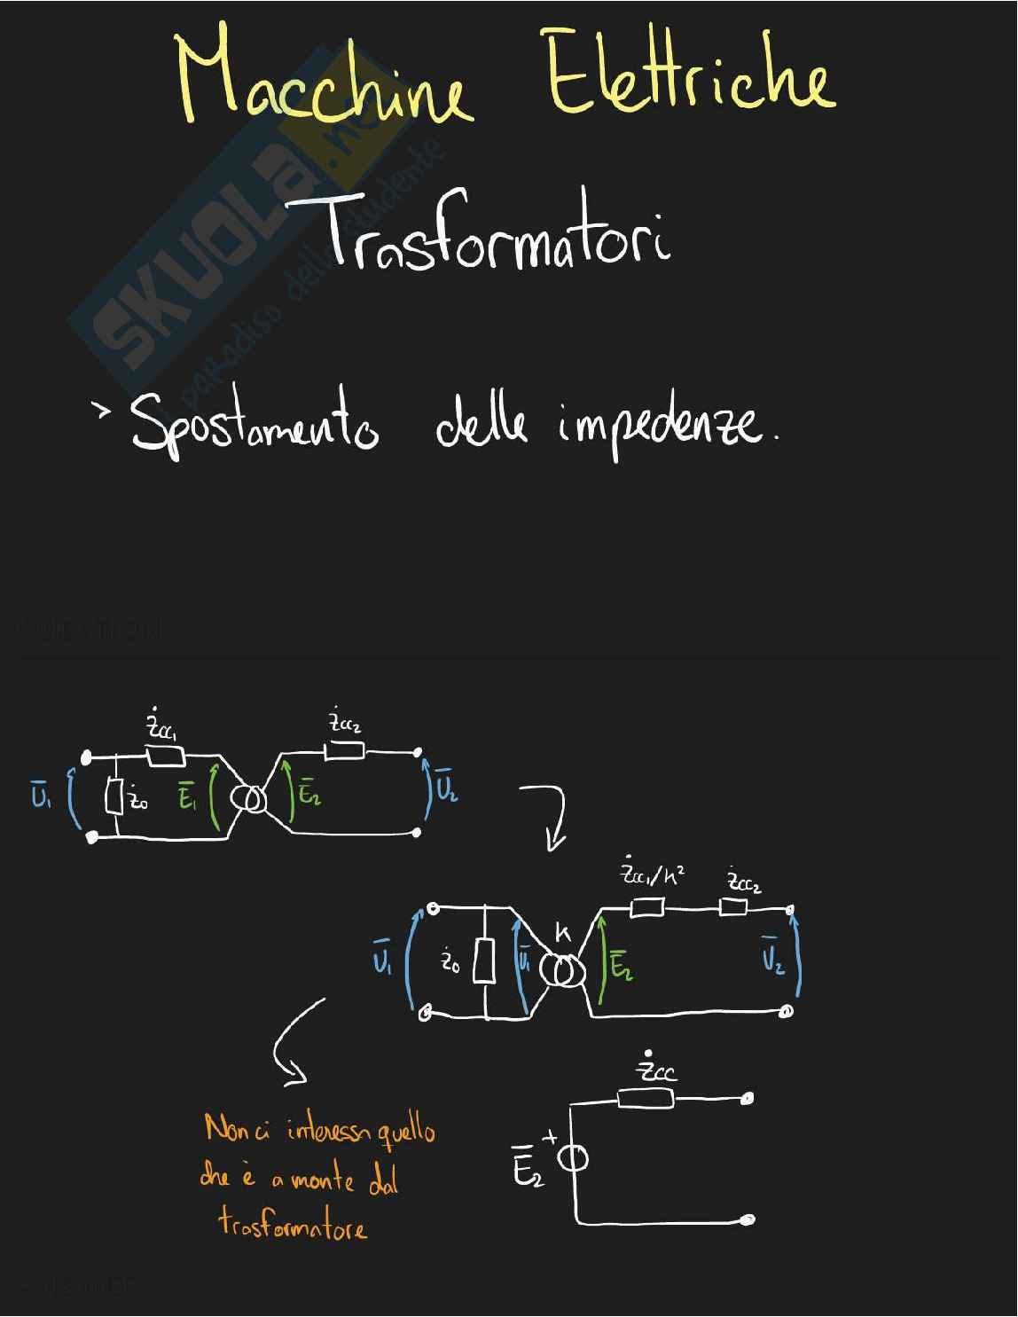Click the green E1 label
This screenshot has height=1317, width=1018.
pyautogui.click(x=187, y=797)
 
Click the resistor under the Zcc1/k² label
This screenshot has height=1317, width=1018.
pyautogui.click(x=646, y=907)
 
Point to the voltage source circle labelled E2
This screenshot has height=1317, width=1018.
pyautogui.click(x=574, y=1159)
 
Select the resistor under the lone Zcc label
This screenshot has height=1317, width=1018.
pyautogui.click(x=646, y=1100)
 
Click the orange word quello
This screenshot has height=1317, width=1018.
pyautogui.click(x=407, y=1131)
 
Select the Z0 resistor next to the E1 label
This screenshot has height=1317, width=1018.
pyautogui.click(x=114, y=797)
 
